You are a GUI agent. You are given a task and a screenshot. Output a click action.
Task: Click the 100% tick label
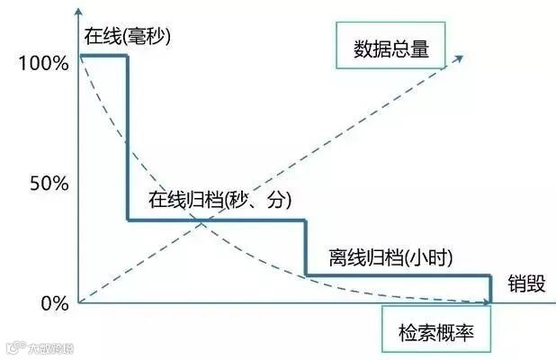[x=42, y=64]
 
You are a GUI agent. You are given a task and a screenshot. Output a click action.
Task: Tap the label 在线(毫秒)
[x=128, y=37]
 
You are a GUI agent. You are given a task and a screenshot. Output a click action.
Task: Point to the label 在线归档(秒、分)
[x=220, y=201]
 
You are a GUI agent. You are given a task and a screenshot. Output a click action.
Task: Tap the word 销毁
[x=525, y=281]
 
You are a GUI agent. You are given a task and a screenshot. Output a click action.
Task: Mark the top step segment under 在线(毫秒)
[x=103, y=56]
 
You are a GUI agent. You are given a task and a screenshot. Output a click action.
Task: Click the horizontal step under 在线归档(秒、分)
[x=216, y=220]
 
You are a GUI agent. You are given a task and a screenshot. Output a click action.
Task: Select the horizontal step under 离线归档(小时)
[x=399, y=274]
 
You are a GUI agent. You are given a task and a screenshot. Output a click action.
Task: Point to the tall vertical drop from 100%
[x=127, y=135]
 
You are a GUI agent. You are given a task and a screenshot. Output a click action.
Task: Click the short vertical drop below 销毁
[x=491, y=288]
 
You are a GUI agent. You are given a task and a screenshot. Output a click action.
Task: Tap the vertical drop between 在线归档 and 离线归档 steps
[x=306, y=247]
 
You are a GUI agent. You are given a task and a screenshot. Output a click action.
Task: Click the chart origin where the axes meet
[x=79, y=303]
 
